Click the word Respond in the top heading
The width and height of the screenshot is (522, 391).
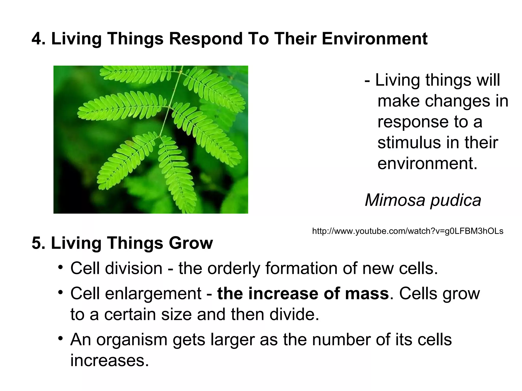tap(205, 39)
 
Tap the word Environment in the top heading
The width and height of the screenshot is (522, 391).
tap(374, 39)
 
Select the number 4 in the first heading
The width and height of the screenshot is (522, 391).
tap(36, 39)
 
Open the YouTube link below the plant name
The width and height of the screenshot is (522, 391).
tap(408, 231)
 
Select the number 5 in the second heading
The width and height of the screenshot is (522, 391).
tap(36, 243)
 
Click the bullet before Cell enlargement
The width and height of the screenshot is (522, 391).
tap(60, 292)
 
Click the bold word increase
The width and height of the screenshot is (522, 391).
tap(283, 294)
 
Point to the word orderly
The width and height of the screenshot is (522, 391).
tap(234, 269)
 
